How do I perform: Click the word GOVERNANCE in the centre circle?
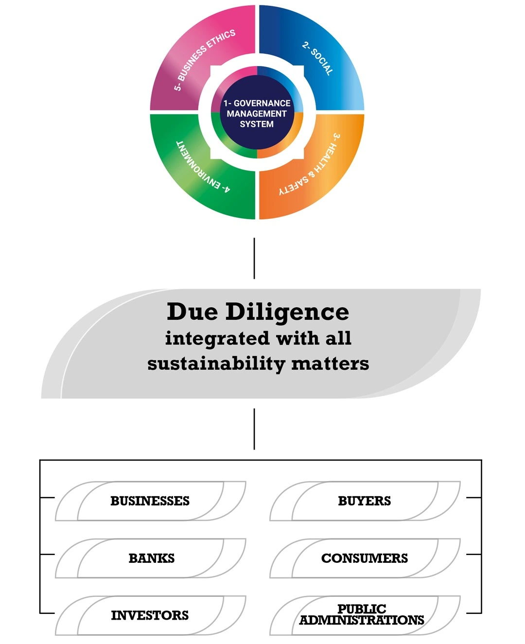(262, 103)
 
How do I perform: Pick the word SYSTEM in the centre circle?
(257, 124)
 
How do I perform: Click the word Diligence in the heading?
(287, 312)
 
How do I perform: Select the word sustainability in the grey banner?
(216, 364)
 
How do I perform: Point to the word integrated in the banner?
(217, 338)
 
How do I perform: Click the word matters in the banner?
(330, 364)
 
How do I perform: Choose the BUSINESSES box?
(150, 501)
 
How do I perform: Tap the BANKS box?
(151, 558)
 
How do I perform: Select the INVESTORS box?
(150, 615)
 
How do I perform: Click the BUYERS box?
(364, 501)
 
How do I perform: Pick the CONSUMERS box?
(364, 558)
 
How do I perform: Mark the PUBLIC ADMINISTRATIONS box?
(362, 615)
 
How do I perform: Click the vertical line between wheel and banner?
(254, 258)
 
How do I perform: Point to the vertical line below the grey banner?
(254, 429)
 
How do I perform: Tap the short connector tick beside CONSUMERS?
(473, 555)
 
